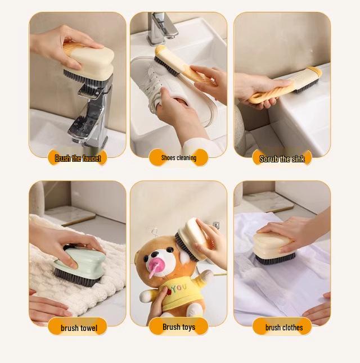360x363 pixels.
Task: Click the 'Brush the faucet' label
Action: tap(78, 158)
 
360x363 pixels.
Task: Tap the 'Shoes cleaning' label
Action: tap(178, 158)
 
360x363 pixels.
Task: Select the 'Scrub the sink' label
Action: tap(282, 159)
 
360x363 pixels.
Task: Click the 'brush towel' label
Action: tap(78, 328)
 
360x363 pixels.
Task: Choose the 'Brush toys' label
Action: tap(178, 327)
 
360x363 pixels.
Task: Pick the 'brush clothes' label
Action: tap(283, 328)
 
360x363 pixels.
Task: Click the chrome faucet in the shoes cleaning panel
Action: tap(160, 25)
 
